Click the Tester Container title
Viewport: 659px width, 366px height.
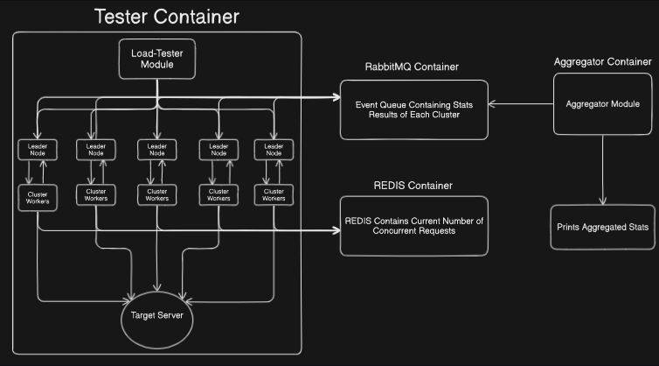(x=166, y=16)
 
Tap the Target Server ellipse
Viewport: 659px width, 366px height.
(x=157, y=315)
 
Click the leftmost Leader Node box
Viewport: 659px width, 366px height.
(x=38, y=149)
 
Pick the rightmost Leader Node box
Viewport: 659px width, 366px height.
(x=274, y=149)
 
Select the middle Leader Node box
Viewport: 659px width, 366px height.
(x=156, y=149)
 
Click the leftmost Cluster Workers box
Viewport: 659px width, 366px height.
(x=38, y=194)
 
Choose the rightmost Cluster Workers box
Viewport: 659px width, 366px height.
(x=274, y=194)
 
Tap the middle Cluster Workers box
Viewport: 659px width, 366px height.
(x=156, y=194)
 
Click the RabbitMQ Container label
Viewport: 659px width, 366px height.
(x=412, y=67)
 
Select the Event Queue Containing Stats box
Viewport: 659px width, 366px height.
(x=413, y=109)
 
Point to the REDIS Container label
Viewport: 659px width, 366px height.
(x=413, y=186)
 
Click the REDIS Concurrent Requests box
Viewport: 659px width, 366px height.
(x=413, y=225)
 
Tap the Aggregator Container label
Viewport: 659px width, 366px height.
(x=602, y=61)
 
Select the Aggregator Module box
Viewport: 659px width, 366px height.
(x=602, y=103)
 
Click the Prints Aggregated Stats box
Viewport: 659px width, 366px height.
(x=602, y=227)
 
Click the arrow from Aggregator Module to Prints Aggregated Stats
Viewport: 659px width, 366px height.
(x=602, y=166)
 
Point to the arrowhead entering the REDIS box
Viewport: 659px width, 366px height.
(x=336, y=231)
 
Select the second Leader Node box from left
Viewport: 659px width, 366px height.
(x=96, y=149)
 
